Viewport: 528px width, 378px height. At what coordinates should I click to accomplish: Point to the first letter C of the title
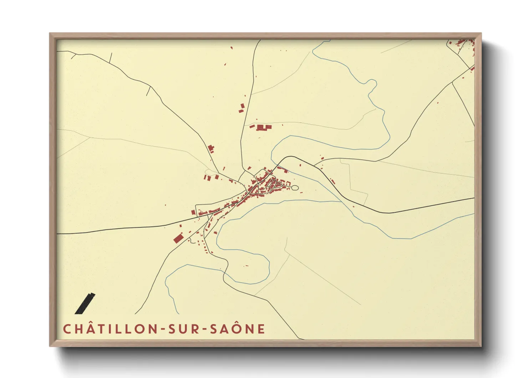tap(67, 329)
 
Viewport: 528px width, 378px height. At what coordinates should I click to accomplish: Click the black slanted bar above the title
tap(85, 303)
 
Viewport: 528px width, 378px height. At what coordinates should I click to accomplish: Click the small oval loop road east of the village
tap(295, 188)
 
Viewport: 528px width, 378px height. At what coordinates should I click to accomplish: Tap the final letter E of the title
tap(262, 329)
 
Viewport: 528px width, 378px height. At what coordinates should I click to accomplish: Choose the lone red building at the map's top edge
tap(232, 47)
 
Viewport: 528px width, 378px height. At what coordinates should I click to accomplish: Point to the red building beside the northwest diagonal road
tap(211, 148)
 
